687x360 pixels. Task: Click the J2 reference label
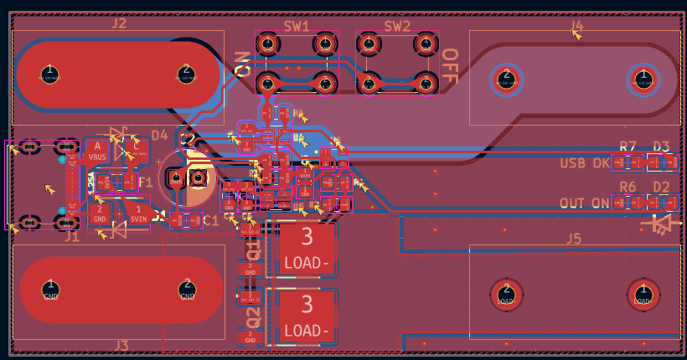coord(119,23)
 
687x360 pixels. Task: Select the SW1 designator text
coord(296,26)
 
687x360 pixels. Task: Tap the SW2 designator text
coord(397,26)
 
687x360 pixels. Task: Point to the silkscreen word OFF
coord(450,66)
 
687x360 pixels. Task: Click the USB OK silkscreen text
coord(586,162)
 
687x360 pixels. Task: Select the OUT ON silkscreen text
coord(585,203)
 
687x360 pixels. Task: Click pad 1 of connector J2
coord(49,74)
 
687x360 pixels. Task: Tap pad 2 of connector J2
coord(186,74)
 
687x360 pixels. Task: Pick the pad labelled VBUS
coord(98,152)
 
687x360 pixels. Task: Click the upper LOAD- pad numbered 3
coord(307,248)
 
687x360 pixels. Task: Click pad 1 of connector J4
coord(643,79)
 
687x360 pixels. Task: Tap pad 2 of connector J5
coord(506,293)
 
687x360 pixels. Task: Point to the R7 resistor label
coord(628,146)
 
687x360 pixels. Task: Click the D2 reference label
coord(662,186)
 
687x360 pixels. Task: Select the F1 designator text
coord(145,182)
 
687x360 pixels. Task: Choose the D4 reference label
coord(159,135)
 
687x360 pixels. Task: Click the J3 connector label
coord(121,345)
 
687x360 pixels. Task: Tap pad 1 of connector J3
coord(50,290)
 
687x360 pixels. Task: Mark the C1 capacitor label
coord(211,220)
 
